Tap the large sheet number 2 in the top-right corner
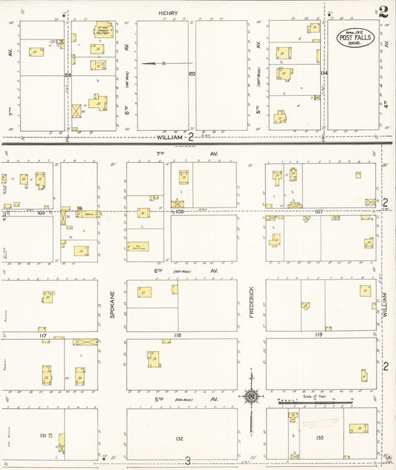click(x=383, y=11)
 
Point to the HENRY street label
click(x=166, y=13)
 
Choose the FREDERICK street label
click(x=252, y=303)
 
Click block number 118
click(x=177, y=336)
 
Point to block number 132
click(x=179, y=439)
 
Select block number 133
click(x=319, y=438)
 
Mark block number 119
click(x=318, y=335)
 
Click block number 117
click(x=43, y=336)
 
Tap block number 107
click(x=318, y=212)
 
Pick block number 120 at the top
click(x=192, y=74)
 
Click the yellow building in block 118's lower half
click(x=152, y=358)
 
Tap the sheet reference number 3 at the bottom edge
click(x=188, y=461)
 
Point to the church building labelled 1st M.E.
click(x=101, y=31)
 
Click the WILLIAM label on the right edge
click(x=385, y=306)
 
